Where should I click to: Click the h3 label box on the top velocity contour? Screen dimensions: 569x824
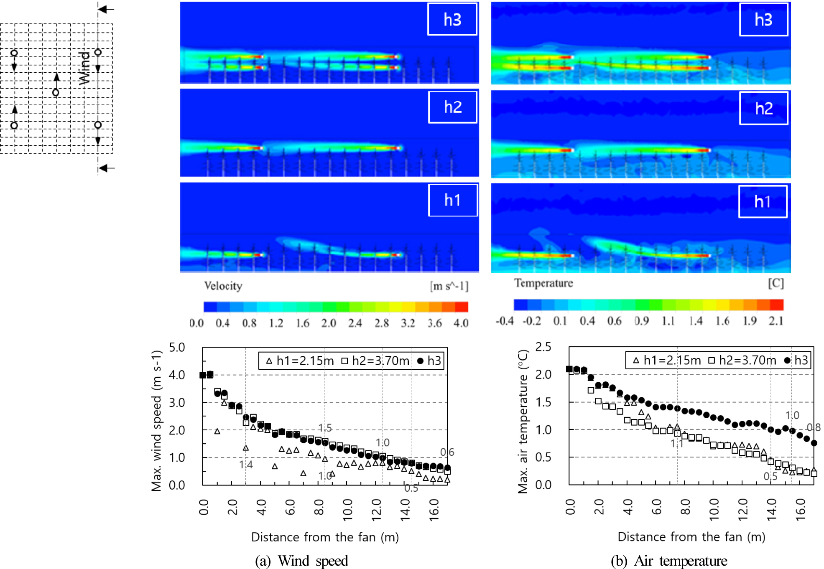click(x=452, y=20)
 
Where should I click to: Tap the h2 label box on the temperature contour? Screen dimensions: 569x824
click(x=763, y=109)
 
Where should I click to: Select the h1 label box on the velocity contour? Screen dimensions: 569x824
click(x=453, y=200)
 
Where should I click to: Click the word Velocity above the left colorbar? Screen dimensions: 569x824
click(x=223, y=286)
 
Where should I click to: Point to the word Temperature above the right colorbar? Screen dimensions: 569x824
click(x=543, y=283)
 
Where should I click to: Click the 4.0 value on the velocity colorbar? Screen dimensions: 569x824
click(x=461, y=323)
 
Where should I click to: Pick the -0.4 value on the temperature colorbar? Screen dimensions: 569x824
click(x=505, y=321)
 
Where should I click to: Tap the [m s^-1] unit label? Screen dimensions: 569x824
click(x=449, y=286)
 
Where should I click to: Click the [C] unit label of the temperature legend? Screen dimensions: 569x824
click(x=776, y=283)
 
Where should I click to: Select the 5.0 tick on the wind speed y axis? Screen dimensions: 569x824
click(x=177, y=347)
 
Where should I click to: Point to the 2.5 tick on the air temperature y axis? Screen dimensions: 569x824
click(x=543, y=347)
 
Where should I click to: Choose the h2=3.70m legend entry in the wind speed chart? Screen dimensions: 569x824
click(x=375, y=361)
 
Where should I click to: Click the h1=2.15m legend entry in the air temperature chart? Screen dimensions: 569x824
click(x=667, y=360)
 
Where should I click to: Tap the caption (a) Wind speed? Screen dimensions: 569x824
click(x=301, y=561)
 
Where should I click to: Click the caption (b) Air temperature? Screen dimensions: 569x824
click(x=668, y=561)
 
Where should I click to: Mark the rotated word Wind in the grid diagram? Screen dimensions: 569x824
click(x=84, y=68)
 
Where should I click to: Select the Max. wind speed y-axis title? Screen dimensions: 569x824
click(x=156, y=420)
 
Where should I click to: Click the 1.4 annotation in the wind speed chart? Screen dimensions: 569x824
click(x=246, y=465)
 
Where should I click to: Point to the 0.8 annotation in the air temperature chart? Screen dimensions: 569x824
click(x=814, y=427)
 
